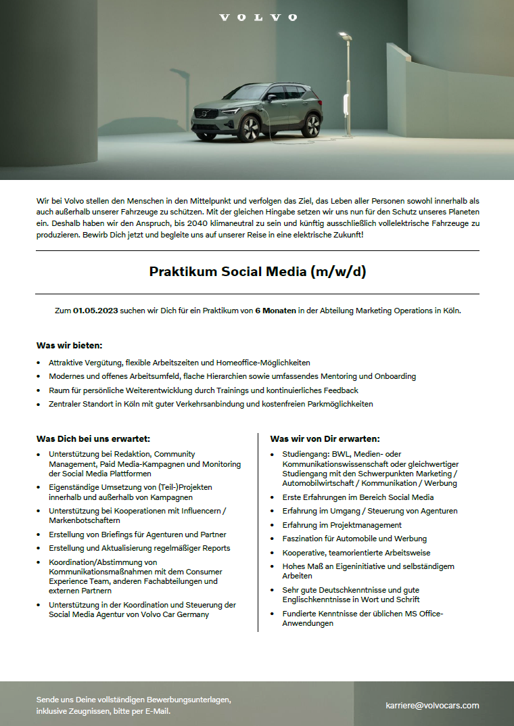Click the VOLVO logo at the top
(258, 17)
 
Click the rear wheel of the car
(312, 125)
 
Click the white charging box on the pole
(347, 104)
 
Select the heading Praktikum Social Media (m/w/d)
(257, 272)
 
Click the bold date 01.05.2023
(95, 311)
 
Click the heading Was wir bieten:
(69, 345)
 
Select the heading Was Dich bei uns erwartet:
(93, 438)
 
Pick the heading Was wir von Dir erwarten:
(325, 438)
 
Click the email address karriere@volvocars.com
(432, 705)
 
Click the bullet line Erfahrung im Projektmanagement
(342, 524)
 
